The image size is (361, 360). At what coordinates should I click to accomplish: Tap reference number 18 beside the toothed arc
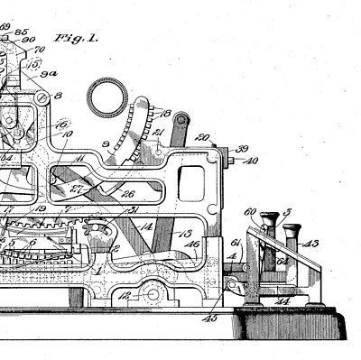(x=166, y=113)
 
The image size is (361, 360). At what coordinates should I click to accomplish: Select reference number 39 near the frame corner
(x=243, y=149)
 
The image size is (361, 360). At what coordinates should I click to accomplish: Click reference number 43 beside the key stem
(x=310, y=244)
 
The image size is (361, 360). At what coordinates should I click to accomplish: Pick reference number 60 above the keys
(x=251, y=212)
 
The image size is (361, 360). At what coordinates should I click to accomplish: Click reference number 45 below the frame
(x=210, y=317)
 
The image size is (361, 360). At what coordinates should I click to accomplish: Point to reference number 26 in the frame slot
(x=129, y=193)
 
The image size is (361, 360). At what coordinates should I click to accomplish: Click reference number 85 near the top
(x=20, y=32)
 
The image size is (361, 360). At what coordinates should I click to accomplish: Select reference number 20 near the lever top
(x=202, y=138)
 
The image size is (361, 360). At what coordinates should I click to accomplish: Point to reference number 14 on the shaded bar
(x=148, y=226)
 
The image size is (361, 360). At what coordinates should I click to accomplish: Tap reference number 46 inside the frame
(x=191, y=244)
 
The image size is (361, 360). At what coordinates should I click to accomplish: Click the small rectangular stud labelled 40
(x=230, y=162)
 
